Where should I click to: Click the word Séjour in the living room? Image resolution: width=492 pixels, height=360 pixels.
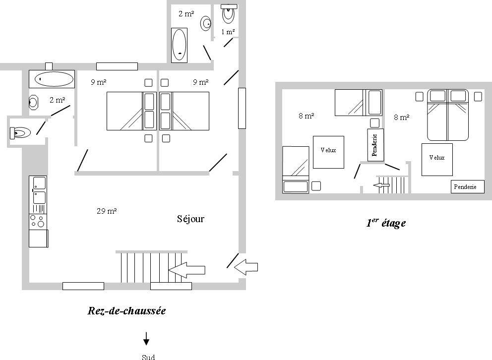pyautogui.click(x=190, y=219)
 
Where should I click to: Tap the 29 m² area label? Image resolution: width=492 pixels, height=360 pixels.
pyautogui.click(x=107, y=211)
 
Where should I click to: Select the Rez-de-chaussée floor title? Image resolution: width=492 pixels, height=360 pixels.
pyautogui.click(x=126, y=311)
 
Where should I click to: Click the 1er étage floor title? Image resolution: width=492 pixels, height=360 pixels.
pyautogui.click(x=386, y=223)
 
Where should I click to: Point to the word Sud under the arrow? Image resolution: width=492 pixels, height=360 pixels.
pyautogui.click(x=148, y=357)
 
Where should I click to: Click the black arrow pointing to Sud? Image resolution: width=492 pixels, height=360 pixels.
pyautogui.click(x=146, y=339)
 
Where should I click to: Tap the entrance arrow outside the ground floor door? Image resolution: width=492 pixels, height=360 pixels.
pyautogui.click(x=246, y=267)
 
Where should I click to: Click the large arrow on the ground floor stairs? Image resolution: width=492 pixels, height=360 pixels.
pyautogui.click(x=186, y=270)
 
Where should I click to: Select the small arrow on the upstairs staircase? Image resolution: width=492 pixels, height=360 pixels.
pyautogui.click(x=381, y=185)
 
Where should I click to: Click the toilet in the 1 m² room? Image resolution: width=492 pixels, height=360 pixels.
pyautogui.click(x=229, y=13)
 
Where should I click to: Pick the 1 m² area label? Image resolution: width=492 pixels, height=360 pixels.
pyautogui.click(x=228, y=32)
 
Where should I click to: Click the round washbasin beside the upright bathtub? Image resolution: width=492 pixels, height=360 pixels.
pyautogui.click(x=206, y=23)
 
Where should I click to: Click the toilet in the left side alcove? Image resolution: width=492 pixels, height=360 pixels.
pyautogui.click(x=20, y=133)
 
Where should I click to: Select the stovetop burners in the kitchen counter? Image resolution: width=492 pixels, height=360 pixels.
pyautogui.click(x=38, y=221)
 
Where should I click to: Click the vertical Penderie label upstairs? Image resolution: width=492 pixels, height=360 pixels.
pyautogui.click(x=375, y=145)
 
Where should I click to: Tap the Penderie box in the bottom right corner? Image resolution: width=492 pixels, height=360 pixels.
pyautogui.click(x=468, y=186)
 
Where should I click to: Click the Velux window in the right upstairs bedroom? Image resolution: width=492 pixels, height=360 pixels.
pyautogui.click(x=437, y=160)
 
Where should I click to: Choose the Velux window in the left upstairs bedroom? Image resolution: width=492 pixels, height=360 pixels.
pyautogui.click(x=328, y=152)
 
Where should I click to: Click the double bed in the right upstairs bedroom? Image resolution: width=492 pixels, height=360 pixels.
pyautogui.click(x=448, y=115)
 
